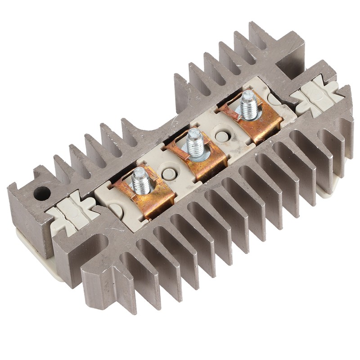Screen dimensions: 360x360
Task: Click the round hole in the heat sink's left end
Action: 41,193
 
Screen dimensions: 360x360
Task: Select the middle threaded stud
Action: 195,142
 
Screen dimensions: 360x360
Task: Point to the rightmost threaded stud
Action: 248,104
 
